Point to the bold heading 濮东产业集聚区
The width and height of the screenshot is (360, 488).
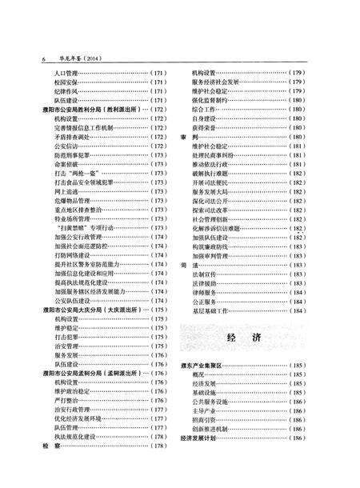[x=206, y=366]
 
